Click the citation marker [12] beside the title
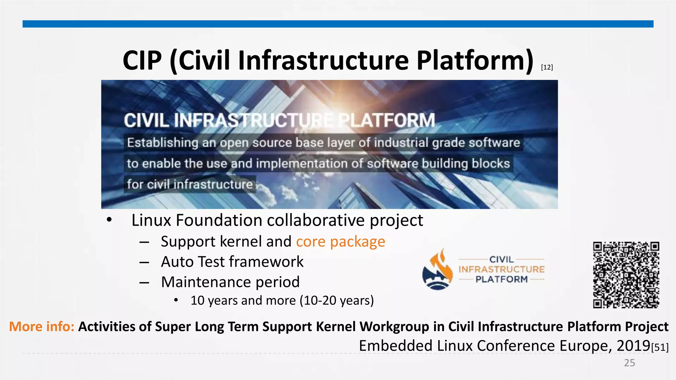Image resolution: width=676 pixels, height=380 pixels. (547, 67)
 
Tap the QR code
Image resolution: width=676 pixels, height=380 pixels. (626, 275)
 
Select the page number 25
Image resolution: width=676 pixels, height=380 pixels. (629, 363)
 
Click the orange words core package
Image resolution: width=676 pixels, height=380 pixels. (340, 242)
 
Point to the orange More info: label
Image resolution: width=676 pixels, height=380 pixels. (42, 327)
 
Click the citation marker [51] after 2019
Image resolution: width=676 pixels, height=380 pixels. (660, 347)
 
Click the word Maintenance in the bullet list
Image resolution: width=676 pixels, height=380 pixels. (205, 282)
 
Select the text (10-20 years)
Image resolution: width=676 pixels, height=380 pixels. (337, 301)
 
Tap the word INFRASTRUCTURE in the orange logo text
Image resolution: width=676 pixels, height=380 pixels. (501, 269)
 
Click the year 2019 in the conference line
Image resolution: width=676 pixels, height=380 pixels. (633, 346)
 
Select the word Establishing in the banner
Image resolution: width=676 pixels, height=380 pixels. (162, 143)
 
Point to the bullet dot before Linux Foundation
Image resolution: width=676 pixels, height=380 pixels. (110, 220)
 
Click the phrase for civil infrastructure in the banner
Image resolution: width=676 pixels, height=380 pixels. (190, 184)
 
